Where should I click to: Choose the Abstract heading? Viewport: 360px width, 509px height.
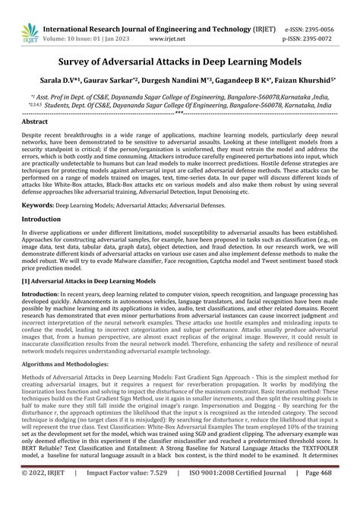coord(35,122)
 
